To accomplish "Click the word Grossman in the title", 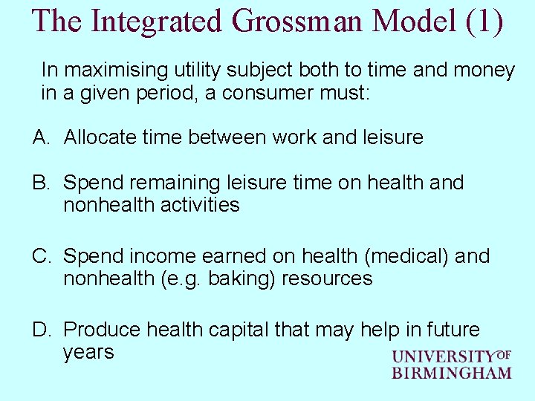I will (303, 21).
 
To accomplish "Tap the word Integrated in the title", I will (156, 21).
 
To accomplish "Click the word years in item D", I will (88, 351).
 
